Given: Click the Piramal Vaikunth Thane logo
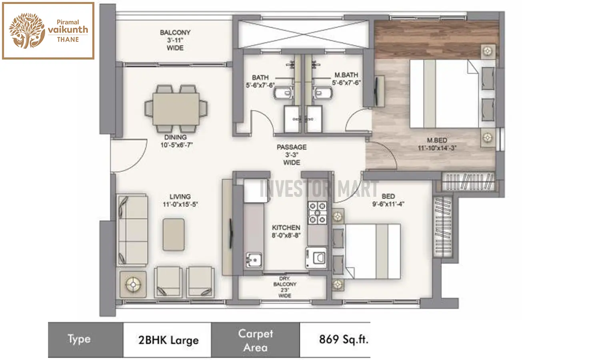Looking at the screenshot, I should point(48,31).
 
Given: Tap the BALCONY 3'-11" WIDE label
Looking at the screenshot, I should point(175,40).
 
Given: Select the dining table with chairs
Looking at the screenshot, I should point(176,108).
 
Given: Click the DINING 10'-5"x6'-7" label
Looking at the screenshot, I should point(176,141).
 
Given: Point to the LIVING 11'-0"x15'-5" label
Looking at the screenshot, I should point(180,200).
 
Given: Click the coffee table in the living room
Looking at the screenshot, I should point(174,234).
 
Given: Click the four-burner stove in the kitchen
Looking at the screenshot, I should point(317,213).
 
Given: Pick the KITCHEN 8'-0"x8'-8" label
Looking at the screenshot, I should point(286,231).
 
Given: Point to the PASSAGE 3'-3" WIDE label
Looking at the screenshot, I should point(292,155).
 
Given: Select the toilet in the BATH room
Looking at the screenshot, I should point(283,93).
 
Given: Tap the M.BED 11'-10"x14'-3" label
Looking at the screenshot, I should point(437,144).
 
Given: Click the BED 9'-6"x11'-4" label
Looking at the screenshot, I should point(388,200).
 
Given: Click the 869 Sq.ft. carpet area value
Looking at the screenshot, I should point(343,340).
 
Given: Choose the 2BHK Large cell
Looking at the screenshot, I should point(168,340).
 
